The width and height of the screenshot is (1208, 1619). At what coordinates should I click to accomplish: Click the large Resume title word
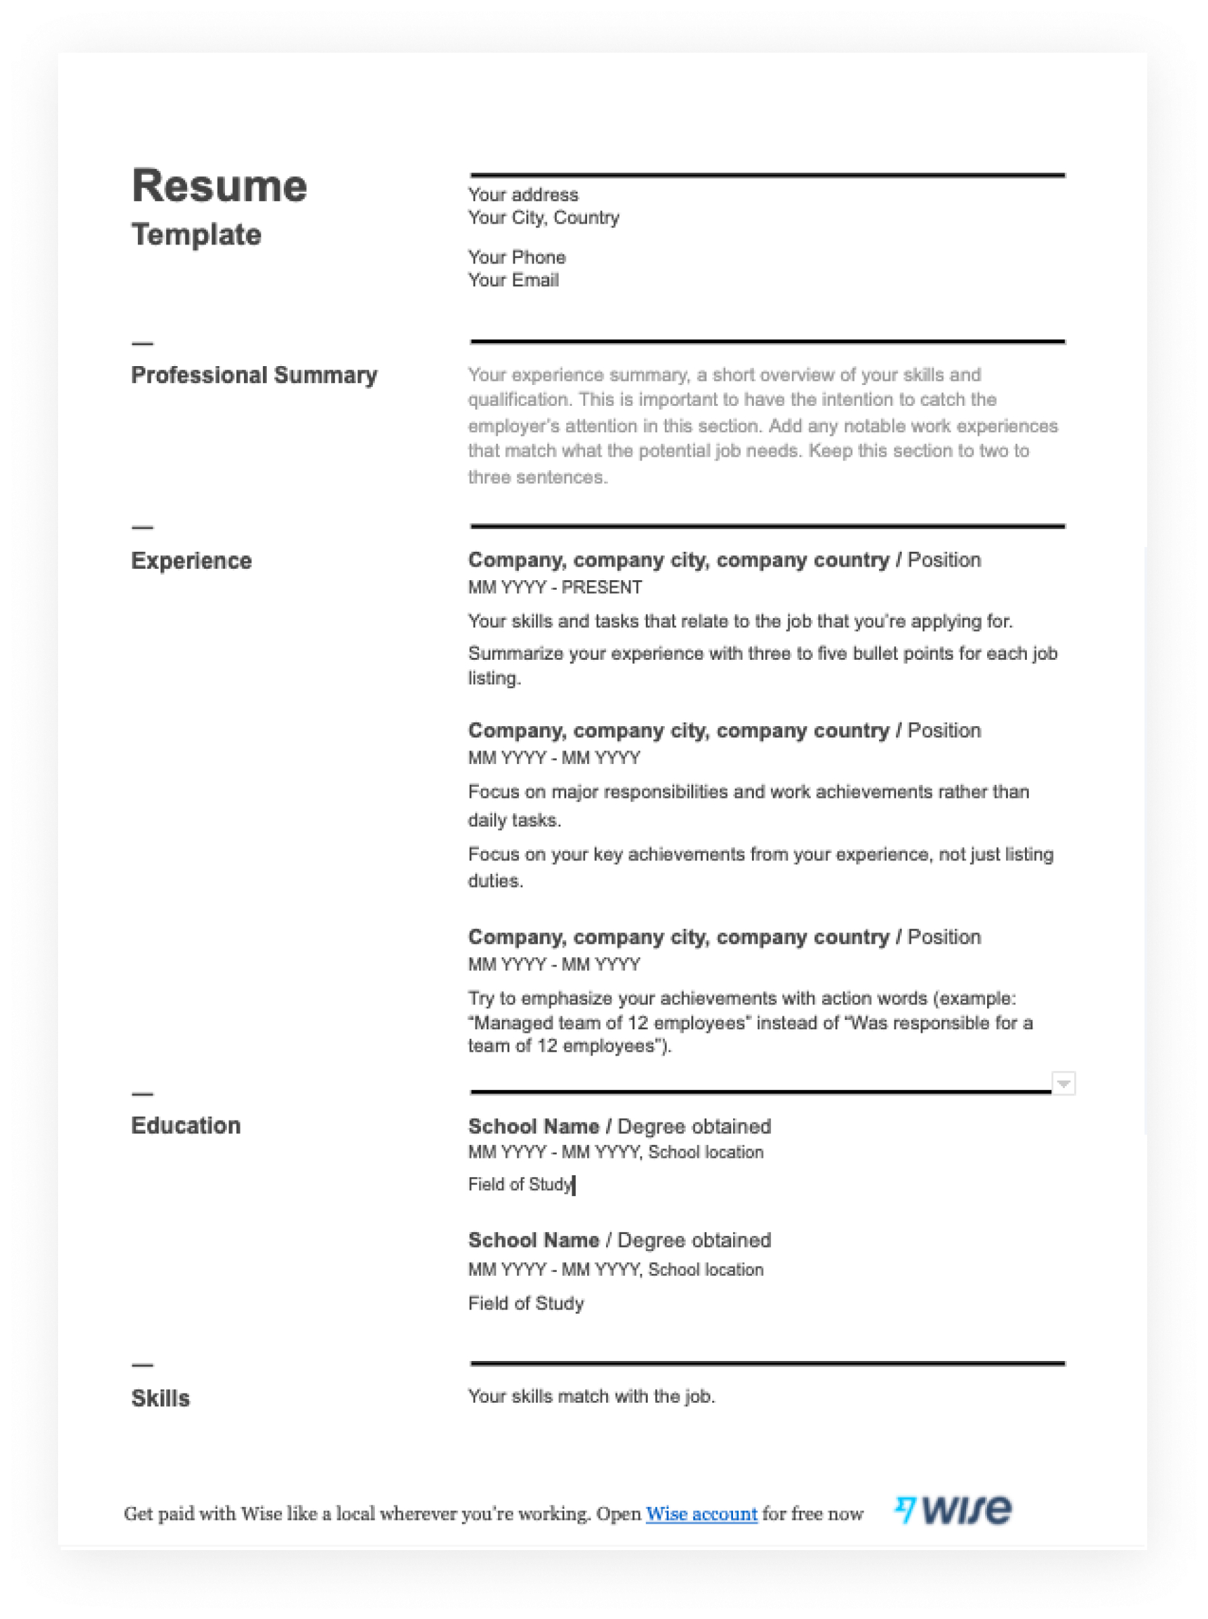pyautogui.click(x=219, y=186)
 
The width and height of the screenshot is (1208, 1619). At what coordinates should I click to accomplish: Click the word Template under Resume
pyautogui.click(x=196, y=234)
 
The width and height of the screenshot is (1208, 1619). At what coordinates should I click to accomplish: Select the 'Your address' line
pyautogui.click(x=523, y=195)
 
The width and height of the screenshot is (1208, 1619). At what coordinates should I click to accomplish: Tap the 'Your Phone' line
pyautogui.click(x=516, y=257)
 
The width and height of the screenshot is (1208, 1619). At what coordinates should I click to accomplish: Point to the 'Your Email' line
pyautogui.click(x=513, y=280)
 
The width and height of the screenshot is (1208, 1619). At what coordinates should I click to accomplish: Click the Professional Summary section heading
pyautogui.click(x=254, y=375)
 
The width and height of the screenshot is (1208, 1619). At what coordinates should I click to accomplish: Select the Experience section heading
pyautogui.click(x=191, y=561)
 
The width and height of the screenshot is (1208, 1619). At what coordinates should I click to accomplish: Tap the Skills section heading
pyautogui.click(x=160, y=1397)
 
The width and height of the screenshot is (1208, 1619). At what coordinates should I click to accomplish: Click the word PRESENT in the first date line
pyautogui.click(x=601, y=587)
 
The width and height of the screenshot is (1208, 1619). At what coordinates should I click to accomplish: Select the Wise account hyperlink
pyautogui.click(x=701, y=1513)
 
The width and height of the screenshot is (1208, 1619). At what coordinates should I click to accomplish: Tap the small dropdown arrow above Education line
pyautogui.click(x=1063, y=1083)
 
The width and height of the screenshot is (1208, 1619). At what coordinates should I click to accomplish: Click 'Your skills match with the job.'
pyautogui.click(x=591, y=1396)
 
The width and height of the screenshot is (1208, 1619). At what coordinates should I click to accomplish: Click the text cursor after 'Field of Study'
pyautogui.click(x=574, y=1185)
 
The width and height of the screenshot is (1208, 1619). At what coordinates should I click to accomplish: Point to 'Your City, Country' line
pyautogui.click(x=543, y=217)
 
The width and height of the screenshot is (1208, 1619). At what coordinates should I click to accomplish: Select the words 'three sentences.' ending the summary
pyautogui.click(x=538, y=478)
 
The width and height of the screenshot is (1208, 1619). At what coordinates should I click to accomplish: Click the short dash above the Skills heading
pyautogui.click(x=142, y=1364)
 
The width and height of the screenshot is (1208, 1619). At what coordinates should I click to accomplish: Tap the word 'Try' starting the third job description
pyautogui.click(x=480, y=998)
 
